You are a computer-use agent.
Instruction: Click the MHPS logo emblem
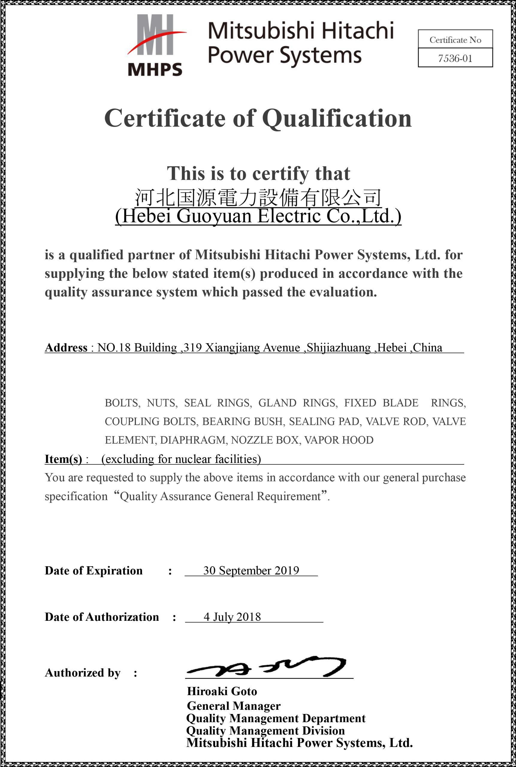click(155, 44)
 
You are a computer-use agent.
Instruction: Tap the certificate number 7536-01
click(455, 58)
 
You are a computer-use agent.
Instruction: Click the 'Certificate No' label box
click(455, 40)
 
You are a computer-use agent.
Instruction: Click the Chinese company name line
click(258, 197)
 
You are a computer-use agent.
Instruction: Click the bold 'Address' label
click(66, 348)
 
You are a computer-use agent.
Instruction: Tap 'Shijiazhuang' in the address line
click(339, 348)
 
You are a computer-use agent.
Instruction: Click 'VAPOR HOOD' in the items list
click(339, 440)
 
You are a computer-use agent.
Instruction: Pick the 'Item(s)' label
click(64, 459)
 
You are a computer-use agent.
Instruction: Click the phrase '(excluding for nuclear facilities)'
click(181, 459)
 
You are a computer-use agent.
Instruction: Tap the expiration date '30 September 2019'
click(251, 570)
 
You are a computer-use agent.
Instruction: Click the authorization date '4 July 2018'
click(232, 617)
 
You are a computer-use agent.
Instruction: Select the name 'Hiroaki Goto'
click(222, 691)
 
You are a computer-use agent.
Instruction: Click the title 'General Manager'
click(234, 706)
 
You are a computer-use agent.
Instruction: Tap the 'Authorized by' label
click(83, 673)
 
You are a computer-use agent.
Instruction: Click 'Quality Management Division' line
click(265, 730)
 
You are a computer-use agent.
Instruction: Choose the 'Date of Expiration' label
click(94, 570)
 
